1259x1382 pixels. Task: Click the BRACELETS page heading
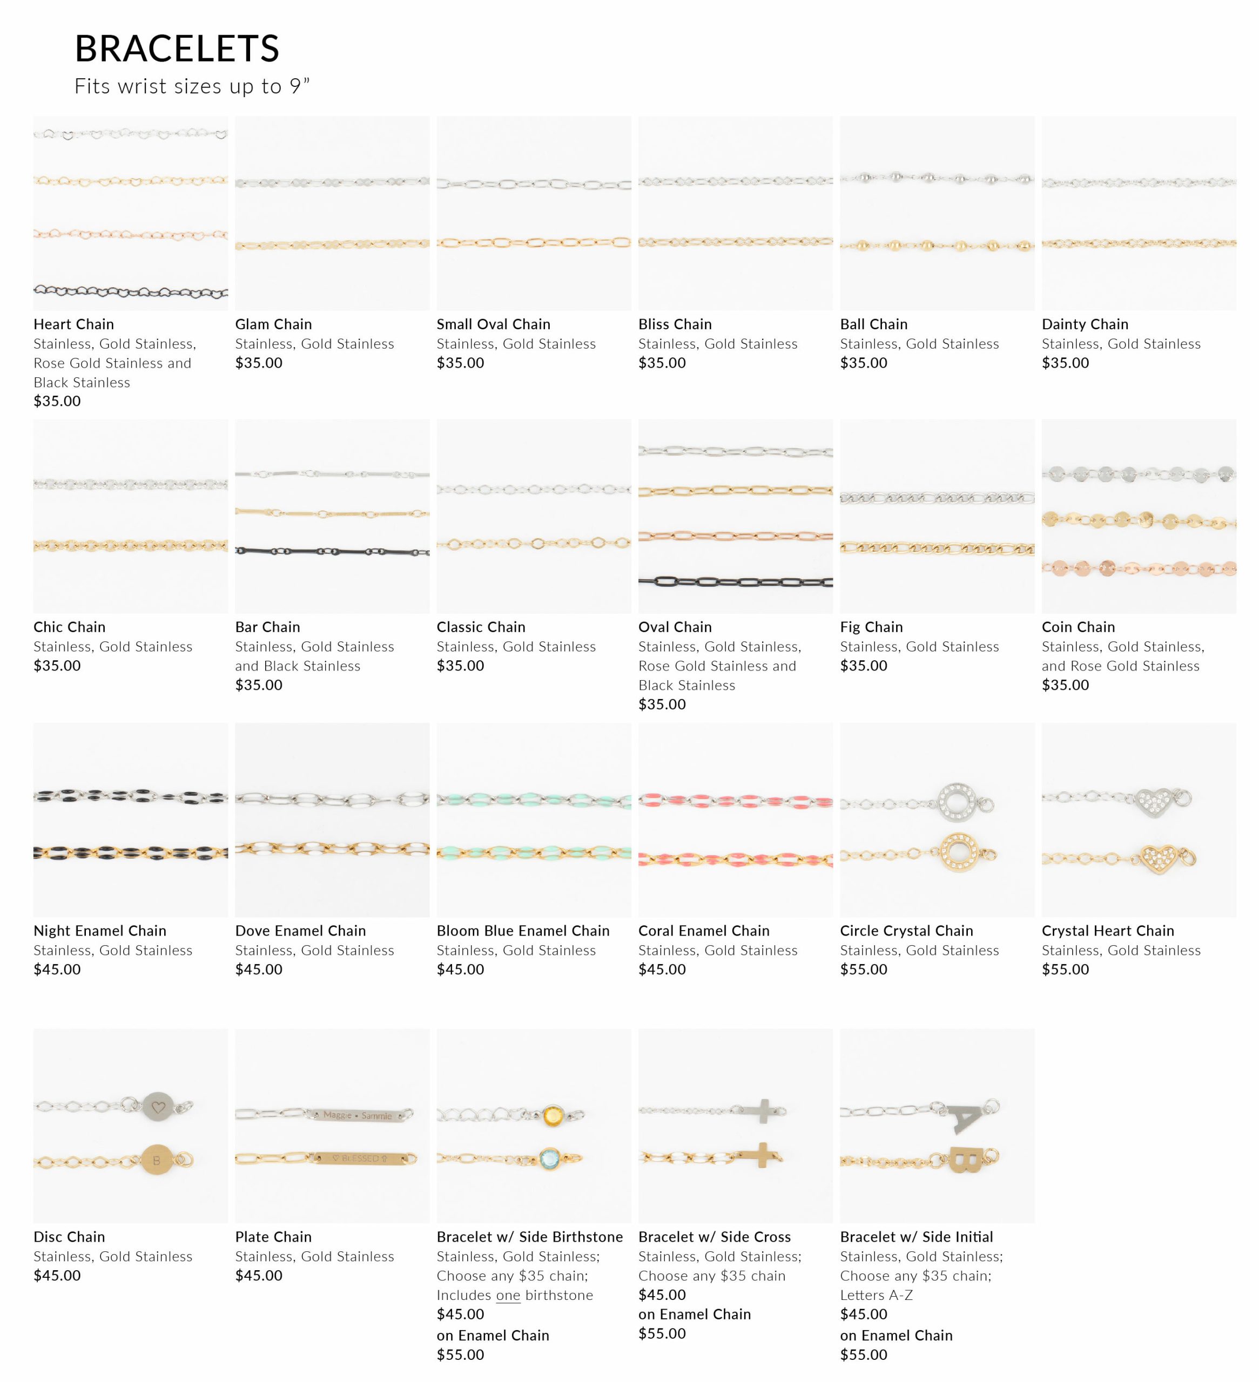coord(177,49)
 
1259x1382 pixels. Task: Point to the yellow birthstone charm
coord(552,1116)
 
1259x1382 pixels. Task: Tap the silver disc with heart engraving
coord(158,1107)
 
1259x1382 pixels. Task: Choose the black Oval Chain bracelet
coord(735,582)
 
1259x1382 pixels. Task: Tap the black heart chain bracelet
coord(130,292)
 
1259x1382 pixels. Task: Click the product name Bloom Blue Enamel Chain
coord(522,930)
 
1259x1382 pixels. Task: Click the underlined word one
coord(508,1295)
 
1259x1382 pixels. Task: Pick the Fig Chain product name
coord(871,627)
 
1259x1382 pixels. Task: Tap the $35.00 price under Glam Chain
coord(259,363)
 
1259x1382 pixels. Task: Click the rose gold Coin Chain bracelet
coord(1139,567)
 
